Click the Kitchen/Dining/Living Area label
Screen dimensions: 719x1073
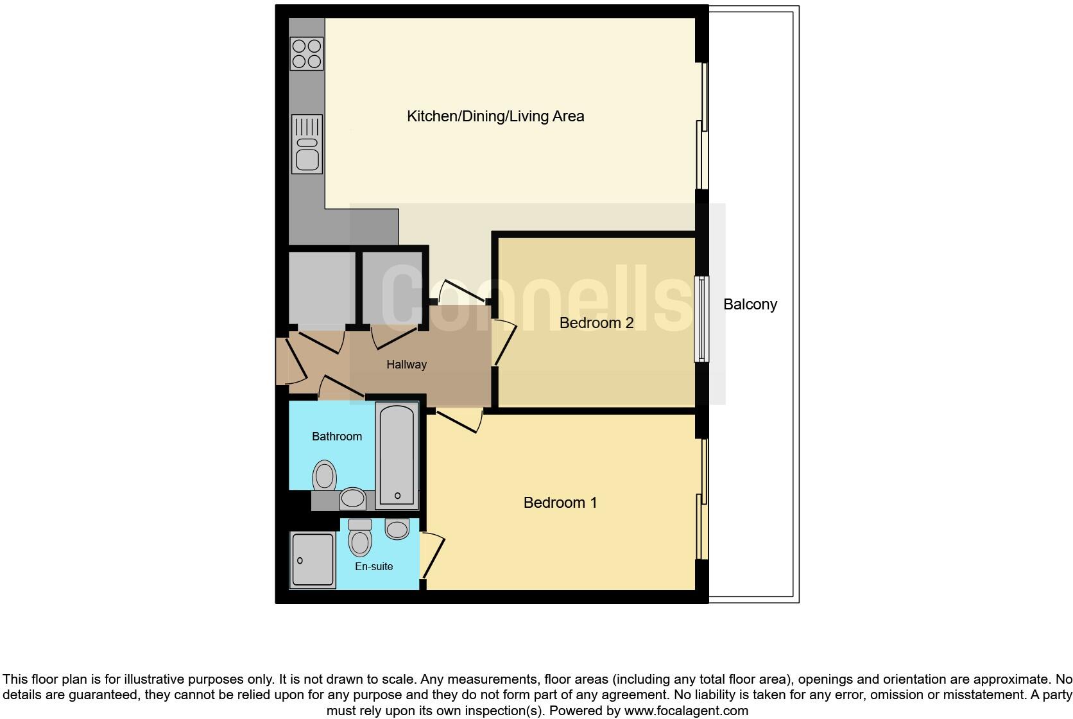[x=495, y=116]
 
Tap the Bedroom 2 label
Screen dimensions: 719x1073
[x=596, y=322]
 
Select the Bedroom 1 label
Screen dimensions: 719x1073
[x=560, y=502]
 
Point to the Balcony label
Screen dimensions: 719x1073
[x=750, y=304]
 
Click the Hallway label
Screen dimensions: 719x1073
[x=406, y=365]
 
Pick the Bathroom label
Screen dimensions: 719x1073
[x=336, y=437]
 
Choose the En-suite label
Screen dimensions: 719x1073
[x=373, y=566]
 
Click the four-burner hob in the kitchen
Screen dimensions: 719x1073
[x=307, y=54]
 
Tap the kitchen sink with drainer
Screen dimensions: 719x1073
[x=307, y=144]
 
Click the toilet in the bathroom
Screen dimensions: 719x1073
[x=325, y=476]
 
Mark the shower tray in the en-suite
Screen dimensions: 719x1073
[x=313, y=560]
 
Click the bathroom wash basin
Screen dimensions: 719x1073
[x=352, y=498]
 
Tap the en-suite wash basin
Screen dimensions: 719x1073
[x=397, y=529]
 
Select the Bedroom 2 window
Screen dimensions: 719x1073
[x=701, y=319]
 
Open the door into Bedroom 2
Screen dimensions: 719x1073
[x=504, y=343]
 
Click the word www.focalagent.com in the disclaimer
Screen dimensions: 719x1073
[x=685, y=711]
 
